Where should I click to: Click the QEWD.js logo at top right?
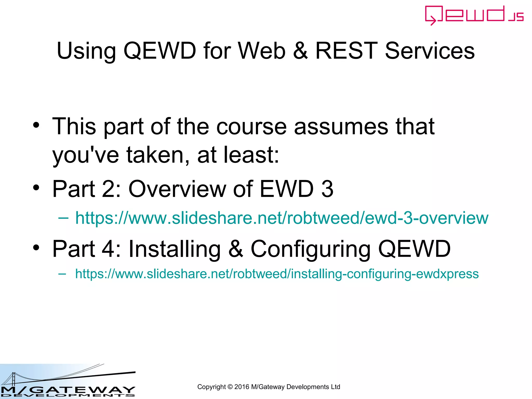474,15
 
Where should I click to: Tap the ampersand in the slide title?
300,51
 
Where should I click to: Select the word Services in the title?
430,51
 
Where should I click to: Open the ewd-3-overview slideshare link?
282,218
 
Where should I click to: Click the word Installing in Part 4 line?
174,249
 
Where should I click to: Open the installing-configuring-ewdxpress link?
277,274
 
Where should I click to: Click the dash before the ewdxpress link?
62,274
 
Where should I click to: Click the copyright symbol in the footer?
230,387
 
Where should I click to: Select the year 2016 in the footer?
242,387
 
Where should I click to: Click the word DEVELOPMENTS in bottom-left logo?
68,395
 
